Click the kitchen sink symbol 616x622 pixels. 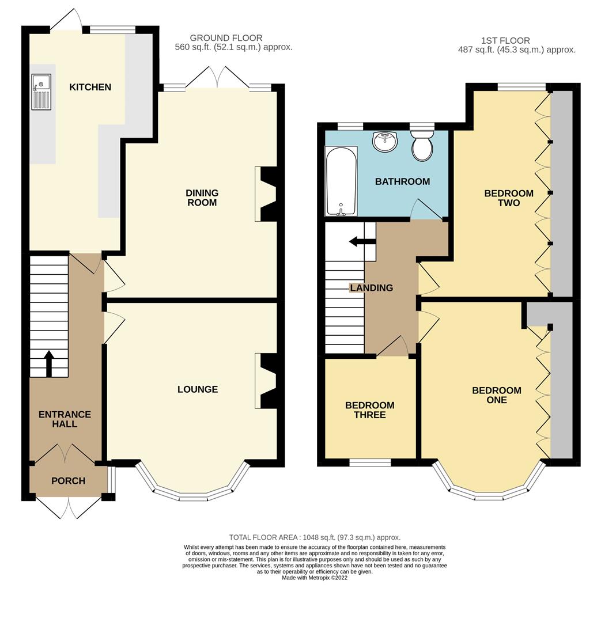[41, 92]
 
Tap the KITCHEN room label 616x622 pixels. [90, 87]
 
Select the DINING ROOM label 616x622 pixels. [202, 198]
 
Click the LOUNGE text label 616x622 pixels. [197, 389]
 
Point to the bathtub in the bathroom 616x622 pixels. [341, 181]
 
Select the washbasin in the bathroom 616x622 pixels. [384, 141]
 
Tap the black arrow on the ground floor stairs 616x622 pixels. [48, 363]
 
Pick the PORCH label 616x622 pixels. [68, 481]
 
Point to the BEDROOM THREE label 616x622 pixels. [369, 410]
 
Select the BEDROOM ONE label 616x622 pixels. [496, 395]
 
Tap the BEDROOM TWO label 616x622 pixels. [508, 198]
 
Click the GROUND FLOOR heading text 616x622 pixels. [226, 38]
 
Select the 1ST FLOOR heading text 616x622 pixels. [505, 40]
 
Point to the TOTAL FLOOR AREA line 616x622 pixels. [314, 537]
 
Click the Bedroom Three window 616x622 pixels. [370, 462]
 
